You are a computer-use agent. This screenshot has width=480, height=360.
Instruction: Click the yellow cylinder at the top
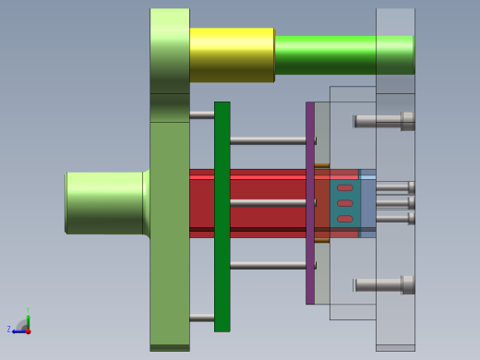click(x=231, y=54)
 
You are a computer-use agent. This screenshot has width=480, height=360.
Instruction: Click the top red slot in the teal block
click(x=344, y=187)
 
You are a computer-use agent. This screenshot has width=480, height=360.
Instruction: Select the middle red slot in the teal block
click(x=344, y=203)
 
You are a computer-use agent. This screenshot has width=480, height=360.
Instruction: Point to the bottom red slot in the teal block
click(x=344, y=219)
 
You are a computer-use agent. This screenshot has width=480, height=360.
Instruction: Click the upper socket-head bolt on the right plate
click(x=383, y=120)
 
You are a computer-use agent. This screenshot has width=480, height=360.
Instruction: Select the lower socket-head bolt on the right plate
click(x=383, y=284)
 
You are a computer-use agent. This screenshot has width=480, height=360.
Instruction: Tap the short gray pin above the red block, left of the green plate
click(x=201, y=114)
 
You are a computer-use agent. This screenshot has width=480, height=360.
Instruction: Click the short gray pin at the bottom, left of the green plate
click(x=201, y=318)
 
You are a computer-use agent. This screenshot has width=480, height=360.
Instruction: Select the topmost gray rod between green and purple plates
click(x=268, y=140)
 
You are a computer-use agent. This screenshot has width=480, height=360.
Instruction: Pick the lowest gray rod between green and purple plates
click(x=268, y=265)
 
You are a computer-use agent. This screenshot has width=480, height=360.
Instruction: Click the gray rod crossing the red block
click(x=268, y=202)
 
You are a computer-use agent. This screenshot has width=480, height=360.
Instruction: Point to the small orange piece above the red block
click(x=321, y=166)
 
